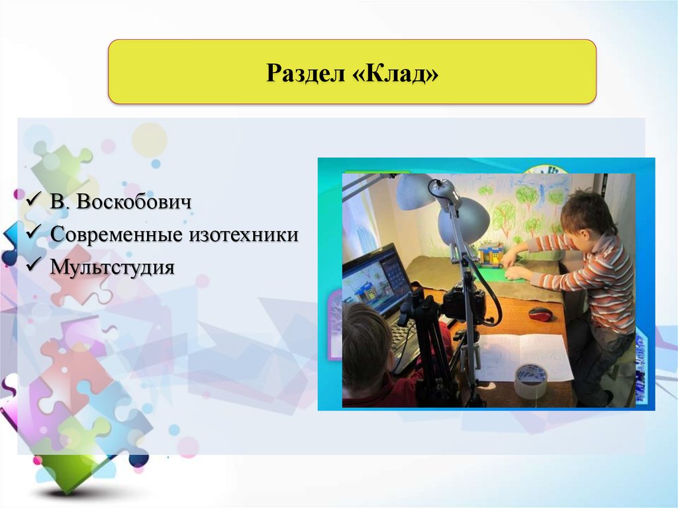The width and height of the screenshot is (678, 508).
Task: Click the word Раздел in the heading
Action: click(x=302, y=73)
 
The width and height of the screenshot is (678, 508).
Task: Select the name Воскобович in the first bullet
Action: click(x=134, y=201)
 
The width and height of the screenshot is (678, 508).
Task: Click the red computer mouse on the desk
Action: click(x=540, y=314)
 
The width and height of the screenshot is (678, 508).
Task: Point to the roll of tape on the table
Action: click(x=530, y=381)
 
